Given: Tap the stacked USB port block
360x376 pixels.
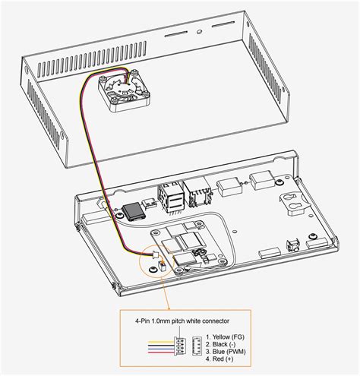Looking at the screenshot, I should pyautogui.click(x=172, y=197).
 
